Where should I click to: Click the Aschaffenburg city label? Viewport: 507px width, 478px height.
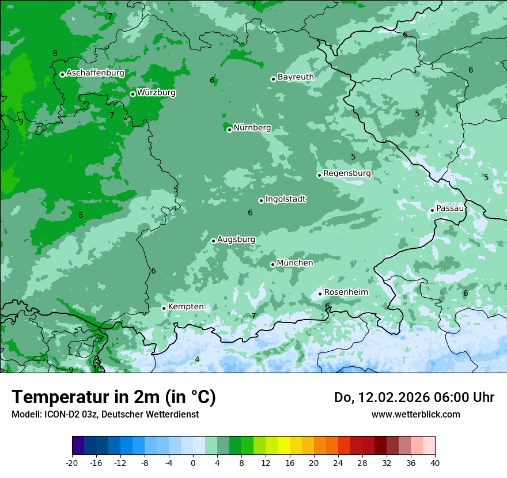point(95,73)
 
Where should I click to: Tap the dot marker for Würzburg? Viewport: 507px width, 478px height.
point(133,94)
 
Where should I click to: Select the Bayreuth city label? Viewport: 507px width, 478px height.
point(296,77)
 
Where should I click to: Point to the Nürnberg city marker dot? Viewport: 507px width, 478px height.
point(229,130)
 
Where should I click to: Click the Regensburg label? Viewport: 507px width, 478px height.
point(347,173)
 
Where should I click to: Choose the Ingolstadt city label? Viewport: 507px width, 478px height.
point(285,199)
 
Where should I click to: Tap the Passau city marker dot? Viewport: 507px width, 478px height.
point(432,210)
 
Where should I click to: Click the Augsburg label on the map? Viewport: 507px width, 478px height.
point(236,240)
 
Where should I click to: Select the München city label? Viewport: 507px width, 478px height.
point(295,263)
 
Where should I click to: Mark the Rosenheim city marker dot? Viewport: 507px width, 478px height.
point(320,294)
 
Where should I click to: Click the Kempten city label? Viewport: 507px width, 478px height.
point(186,306)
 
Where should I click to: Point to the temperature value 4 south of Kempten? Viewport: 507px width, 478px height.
point(197,359)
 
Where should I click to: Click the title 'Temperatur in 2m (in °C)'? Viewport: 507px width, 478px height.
point(113,397)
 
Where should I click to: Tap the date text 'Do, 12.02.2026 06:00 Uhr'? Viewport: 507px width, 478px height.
point(414,397)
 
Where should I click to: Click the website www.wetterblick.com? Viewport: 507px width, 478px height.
point(415,414)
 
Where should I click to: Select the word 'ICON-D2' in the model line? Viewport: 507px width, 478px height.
point(59,414)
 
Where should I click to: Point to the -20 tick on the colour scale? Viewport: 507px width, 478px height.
point(72,462)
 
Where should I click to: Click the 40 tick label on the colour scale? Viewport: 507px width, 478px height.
point(434,462)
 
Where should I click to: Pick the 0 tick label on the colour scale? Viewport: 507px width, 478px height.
point(193,462)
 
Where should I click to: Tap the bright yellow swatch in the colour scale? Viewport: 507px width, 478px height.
point(283,446)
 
